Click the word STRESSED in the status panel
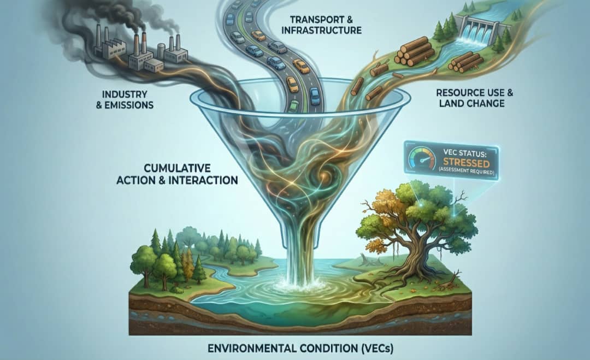[x=465, y=163]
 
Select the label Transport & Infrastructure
[x=321, y=24]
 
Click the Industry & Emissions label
[x=125, y=99]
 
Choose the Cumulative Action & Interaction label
[x=177, y=173]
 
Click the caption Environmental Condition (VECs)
[x=300, y=349]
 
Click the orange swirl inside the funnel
[x=324, y=175]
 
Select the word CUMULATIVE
[x=177, y=167]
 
